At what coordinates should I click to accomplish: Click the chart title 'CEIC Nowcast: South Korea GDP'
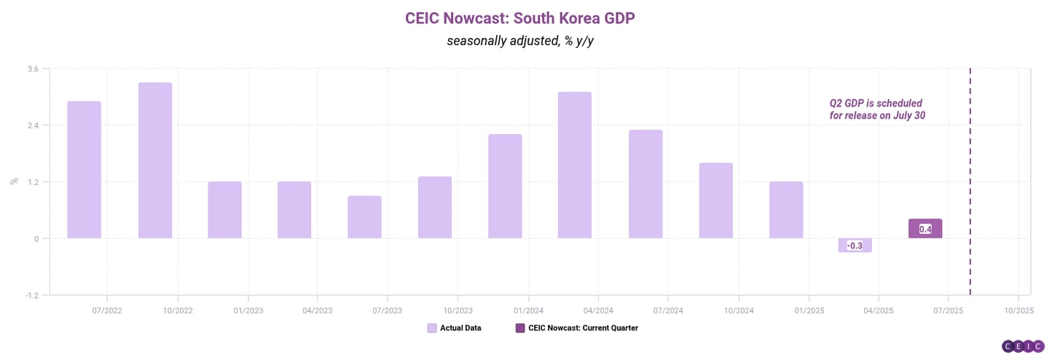pos(520,17)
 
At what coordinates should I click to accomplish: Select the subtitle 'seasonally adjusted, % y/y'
pos(520,41)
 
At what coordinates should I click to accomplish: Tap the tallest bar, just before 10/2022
pos(155,160)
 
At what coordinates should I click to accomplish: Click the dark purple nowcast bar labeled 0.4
pos(925,229)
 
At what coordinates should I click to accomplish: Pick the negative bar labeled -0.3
pos(855,246)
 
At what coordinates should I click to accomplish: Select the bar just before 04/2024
pos(575,165)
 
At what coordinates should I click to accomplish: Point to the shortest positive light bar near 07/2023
pos(364,217)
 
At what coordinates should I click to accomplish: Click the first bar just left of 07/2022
pos(85,170)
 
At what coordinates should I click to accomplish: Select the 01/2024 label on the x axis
pos(528,310)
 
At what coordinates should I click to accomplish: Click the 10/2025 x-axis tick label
pos(1018,310)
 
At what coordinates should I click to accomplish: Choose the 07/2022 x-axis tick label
pos(107,310)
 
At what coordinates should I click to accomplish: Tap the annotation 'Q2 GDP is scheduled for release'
pos(877,109)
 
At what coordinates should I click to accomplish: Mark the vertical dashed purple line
pos(970,182)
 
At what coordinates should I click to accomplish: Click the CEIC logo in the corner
pos(1022,347)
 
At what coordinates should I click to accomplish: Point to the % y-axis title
pos(14,181)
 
